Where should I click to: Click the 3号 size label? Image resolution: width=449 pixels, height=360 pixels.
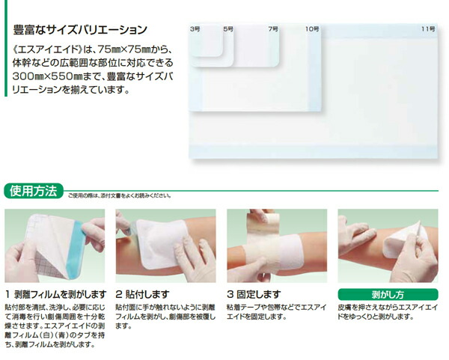click(195, 29)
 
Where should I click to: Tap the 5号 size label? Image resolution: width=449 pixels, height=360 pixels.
click(228, 29)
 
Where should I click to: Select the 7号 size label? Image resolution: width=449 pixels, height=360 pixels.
click(273, 29)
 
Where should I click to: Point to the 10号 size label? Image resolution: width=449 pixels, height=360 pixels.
click(312, 29)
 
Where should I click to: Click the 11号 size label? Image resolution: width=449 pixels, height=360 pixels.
click(428, 29)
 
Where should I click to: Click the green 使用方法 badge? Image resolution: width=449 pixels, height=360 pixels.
click(34, 191)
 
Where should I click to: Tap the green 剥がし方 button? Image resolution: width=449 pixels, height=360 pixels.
click(388, 294)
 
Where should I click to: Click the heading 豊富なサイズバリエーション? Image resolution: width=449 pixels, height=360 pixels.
click(80, 30)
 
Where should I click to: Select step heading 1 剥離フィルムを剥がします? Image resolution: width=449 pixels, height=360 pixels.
click(56, 294)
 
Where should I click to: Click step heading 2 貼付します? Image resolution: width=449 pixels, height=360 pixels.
click(142, 294)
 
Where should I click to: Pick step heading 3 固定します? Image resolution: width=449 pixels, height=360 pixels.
click(254, 294)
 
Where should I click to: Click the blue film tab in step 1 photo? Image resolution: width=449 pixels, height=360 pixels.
click(75, 249)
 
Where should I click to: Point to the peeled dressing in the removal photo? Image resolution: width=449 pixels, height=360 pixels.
click(403, 240)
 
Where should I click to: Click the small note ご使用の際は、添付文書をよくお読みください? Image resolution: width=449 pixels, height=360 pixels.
click(120, 196)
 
